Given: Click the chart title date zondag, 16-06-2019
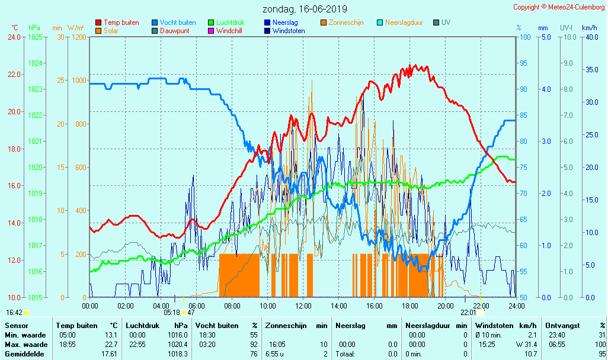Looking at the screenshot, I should (305, 9).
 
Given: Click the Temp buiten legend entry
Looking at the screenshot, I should (121, 22).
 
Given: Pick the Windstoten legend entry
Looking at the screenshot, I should (289, 31).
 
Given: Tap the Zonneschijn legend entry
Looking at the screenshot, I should (345, 22).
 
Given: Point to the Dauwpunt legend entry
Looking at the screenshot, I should (177, 31).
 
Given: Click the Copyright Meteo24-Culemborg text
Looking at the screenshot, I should (559, 7).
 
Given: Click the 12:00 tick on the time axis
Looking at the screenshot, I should (303, 306).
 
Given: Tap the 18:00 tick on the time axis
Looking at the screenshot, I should (410, 306).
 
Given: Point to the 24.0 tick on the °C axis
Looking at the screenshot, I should (15, 37).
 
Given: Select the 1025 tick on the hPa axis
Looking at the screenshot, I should (35, 37).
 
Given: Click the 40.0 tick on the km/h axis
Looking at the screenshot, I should (590, 37).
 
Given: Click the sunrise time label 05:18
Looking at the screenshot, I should (171, 312).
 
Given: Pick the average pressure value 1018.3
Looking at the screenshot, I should (178, 353).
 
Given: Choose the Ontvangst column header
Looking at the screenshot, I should (562, 326).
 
